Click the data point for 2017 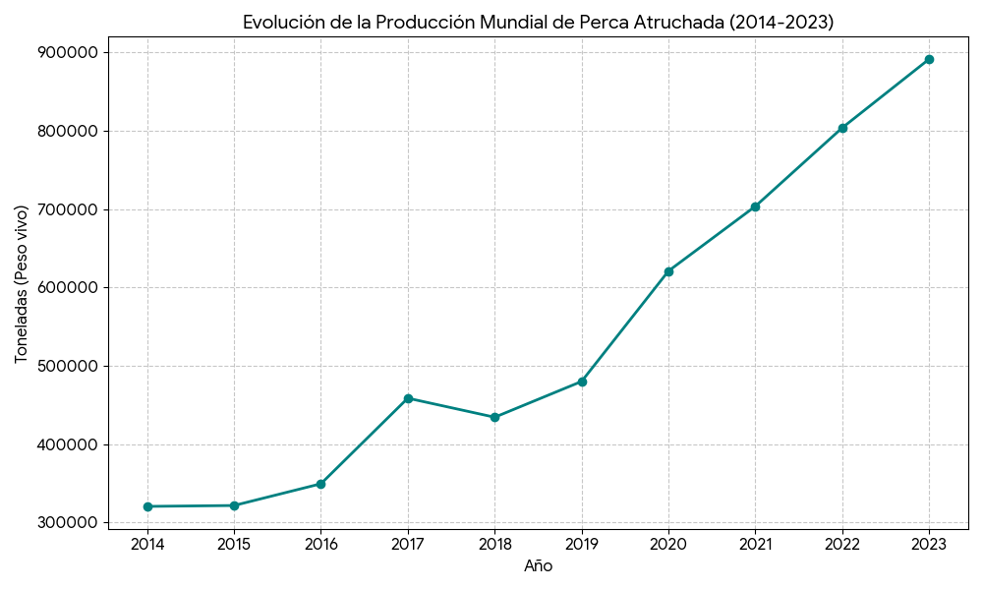[x=408, y=398]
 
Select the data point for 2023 [x=929, y=59]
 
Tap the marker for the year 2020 [x=668, y=271]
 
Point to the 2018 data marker [x=494, y=417]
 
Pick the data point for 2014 [x=147, y=506]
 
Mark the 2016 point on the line [x=320, y=484]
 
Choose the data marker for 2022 [x=842, y=128]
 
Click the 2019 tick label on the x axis [x=582, y=543]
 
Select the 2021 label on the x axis [x=755, y=543]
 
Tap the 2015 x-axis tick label [x=234, y=543]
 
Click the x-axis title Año [x=538, y=566]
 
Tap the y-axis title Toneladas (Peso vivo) [x=22, y=284]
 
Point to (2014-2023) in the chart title [x=781, y=23]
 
